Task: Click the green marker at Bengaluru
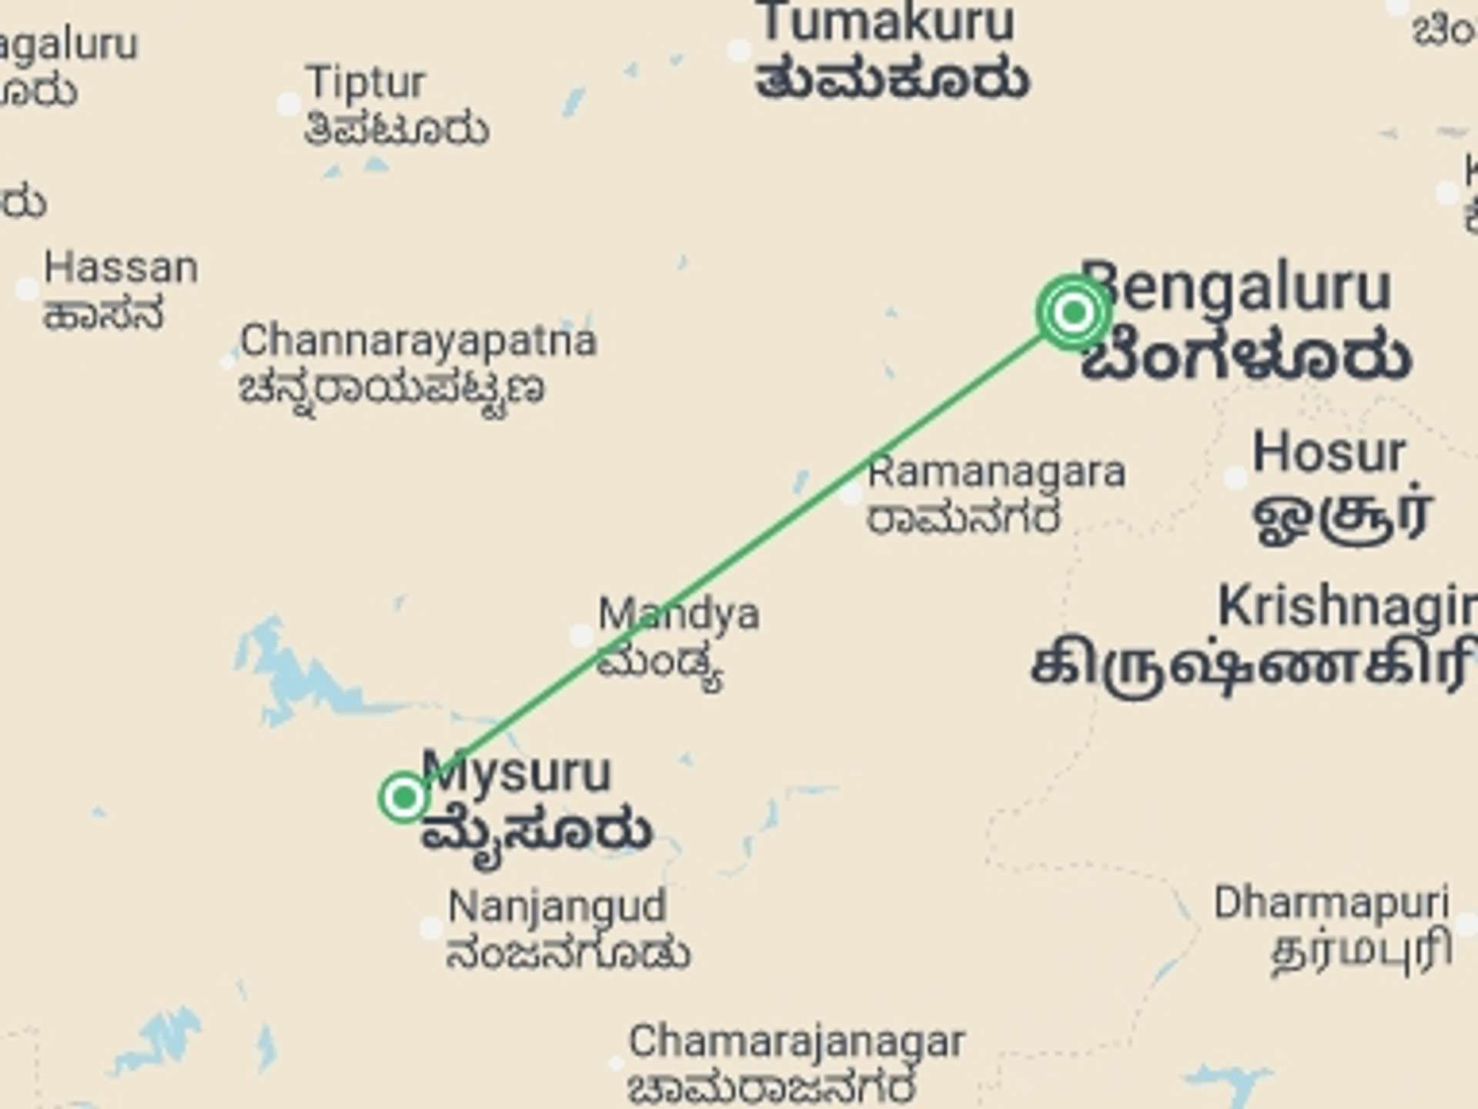coord(1073,312)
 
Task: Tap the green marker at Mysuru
coord(403,797)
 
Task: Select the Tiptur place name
coord(365,82)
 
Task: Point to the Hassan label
coord(121,268)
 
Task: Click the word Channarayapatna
coord(418,340)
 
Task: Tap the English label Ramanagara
coord(996,471)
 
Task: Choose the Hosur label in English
coord(1329,452)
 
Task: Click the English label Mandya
coord(679,615)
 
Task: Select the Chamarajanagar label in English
coord(796,1042)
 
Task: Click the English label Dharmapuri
coord(1331,902)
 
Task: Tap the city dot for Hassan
coord(28,289)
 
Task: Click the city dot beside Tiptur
coord(288,103)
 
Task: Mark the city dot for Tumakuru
coord(739,51)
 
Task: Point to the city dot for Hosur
coord(1236,477)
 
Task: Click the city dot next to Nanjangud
coord(430,928)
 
